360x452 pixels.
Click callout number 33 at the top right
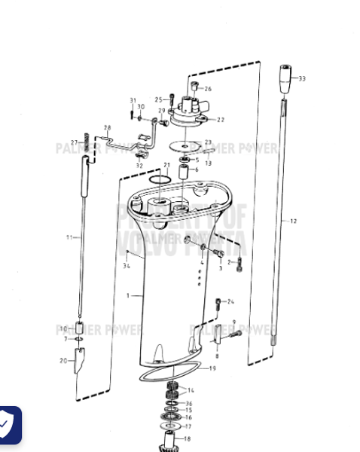[302, 78]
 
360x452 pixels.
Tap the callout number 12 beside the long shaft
[293, 221]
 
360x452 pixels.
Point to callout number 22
[221, 119]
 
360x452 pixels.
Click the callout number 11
[69, 237]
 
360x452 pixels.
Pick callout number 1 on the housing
[128, 295]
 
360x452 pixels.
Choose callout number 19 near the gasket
[212, 368]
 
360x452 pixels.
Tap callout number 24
[230, 301]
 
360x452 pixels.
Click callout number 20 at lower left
[63, 361]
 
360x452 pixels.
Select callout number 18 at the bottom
[188, 438]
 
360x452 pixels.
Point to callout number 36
[188, 404]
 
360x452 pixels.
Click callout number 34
[127, 265]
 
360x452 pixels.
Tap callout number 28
[107, 127]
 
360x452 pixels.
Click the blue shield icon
[9, 426]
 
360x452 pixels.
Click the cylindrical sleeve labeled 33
[284, 78]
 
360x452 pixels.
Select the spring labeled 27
[87, 141]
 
